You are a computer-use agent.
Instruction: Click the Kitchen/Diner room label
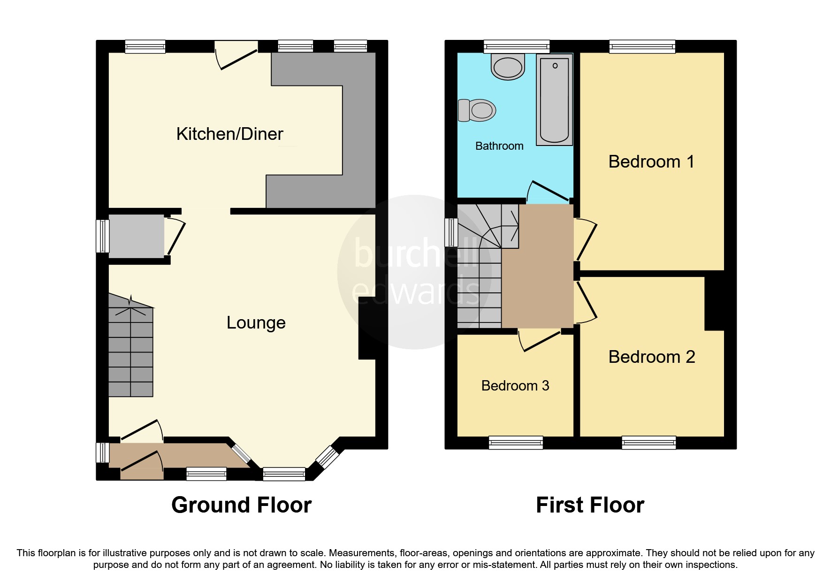pyautogui.click(x=229, y=134)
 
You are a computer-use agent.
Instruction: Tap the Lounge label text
pyautogui.click(x=256, y=323)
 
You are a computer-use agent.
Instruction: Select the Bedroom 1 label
pyautogui.click(x=651, y=162)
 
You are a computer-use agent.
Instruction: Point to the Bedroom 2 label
pyautogui.click(x=651, y=357)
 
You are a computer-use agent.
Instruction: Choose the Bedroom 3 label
pyautogui.click(x=515, y=386)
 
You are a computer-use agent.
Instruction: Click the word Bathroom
pyautogui.click(x=499, y=146)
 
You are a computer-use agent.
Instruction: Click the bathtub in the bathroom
pyautogui.click(x=554, y=100)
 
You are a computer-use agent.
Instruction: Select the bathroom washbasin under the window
pyautogui.click(x=507, y=67)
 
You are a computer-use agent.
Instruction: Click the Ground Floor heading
pyautogui.click(x=241, y=505)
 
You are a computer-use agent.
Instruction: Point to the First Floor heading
pyautogui.click(x=590, y=505)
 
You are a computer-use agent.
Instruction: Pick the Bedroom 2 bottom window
pyautogui.click(x=648, y=442)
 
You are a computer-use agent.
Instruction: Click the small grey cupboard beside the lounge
pyautogui.click(x=136, y=236)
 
